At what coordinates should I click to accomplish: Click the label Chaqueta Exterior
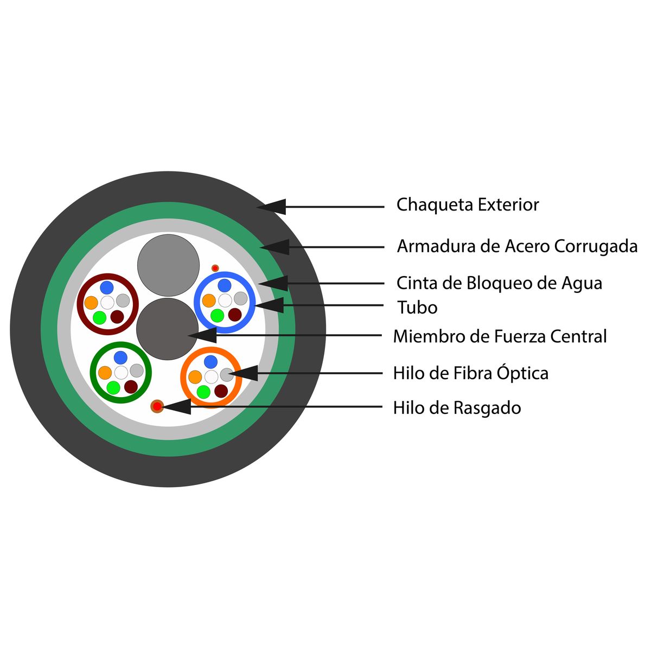(x=467, y=205)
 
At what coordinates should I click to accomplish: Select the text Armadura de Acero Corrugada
(x=516, y=246)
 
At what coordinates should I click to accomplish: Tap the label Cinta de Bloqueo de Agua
(x=499, y=283)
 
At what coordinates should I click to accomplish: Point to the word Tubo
(x=417, y=308)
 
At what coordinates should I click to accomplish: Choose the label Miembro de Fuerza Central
(x=499, y=336)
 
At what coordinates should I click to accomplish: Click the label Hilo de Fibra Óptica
(x=470, y=373)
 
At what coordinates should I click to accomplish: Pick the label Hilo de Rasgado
(x=457, y=407)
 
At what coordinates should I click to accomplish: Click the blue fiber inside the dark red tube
(x=107, y=287)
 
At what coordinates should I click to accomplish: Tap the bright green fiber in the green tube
(x=113, y=387)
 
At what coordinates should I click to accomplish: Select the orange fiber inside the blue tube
(x=209, y=301)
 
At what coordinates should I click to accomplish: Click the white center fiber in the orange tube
(x=211, y=376)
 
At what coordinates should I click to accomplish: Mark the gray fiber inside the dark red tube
(x=123, y=301)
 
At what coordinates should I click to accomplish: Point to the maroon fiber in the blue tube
(x=234, y=315)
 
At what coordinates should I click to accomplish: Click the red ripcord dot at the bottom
(x=157, y=406)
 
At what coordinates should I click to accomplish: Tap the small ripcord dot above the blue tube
(x=215, y=268)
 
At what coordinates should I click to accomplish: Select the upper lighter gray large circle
(x=168, y=265)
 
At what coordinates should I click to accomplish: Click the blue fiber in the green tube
(x=120, y=358)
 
